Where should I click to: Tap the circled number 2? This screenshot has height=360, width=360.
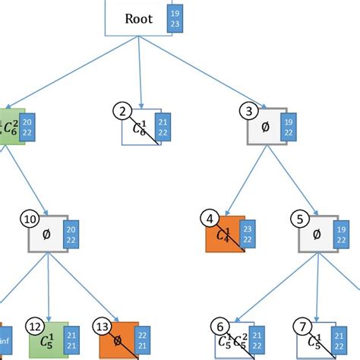tap(123, 113)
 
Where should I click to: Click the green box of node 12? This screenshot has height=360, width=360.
tap(43, 340)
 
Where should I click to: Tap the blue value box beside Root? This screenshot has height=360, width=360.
tap(176, 19)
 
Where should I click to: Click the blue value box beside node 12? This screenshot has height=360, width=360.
tap(71, 340)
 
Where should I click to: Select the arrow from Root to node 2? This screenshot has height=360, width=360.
tap(141, 76)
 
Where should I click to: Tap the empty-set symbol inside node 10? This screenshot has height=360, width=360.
tap(44, 235)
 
